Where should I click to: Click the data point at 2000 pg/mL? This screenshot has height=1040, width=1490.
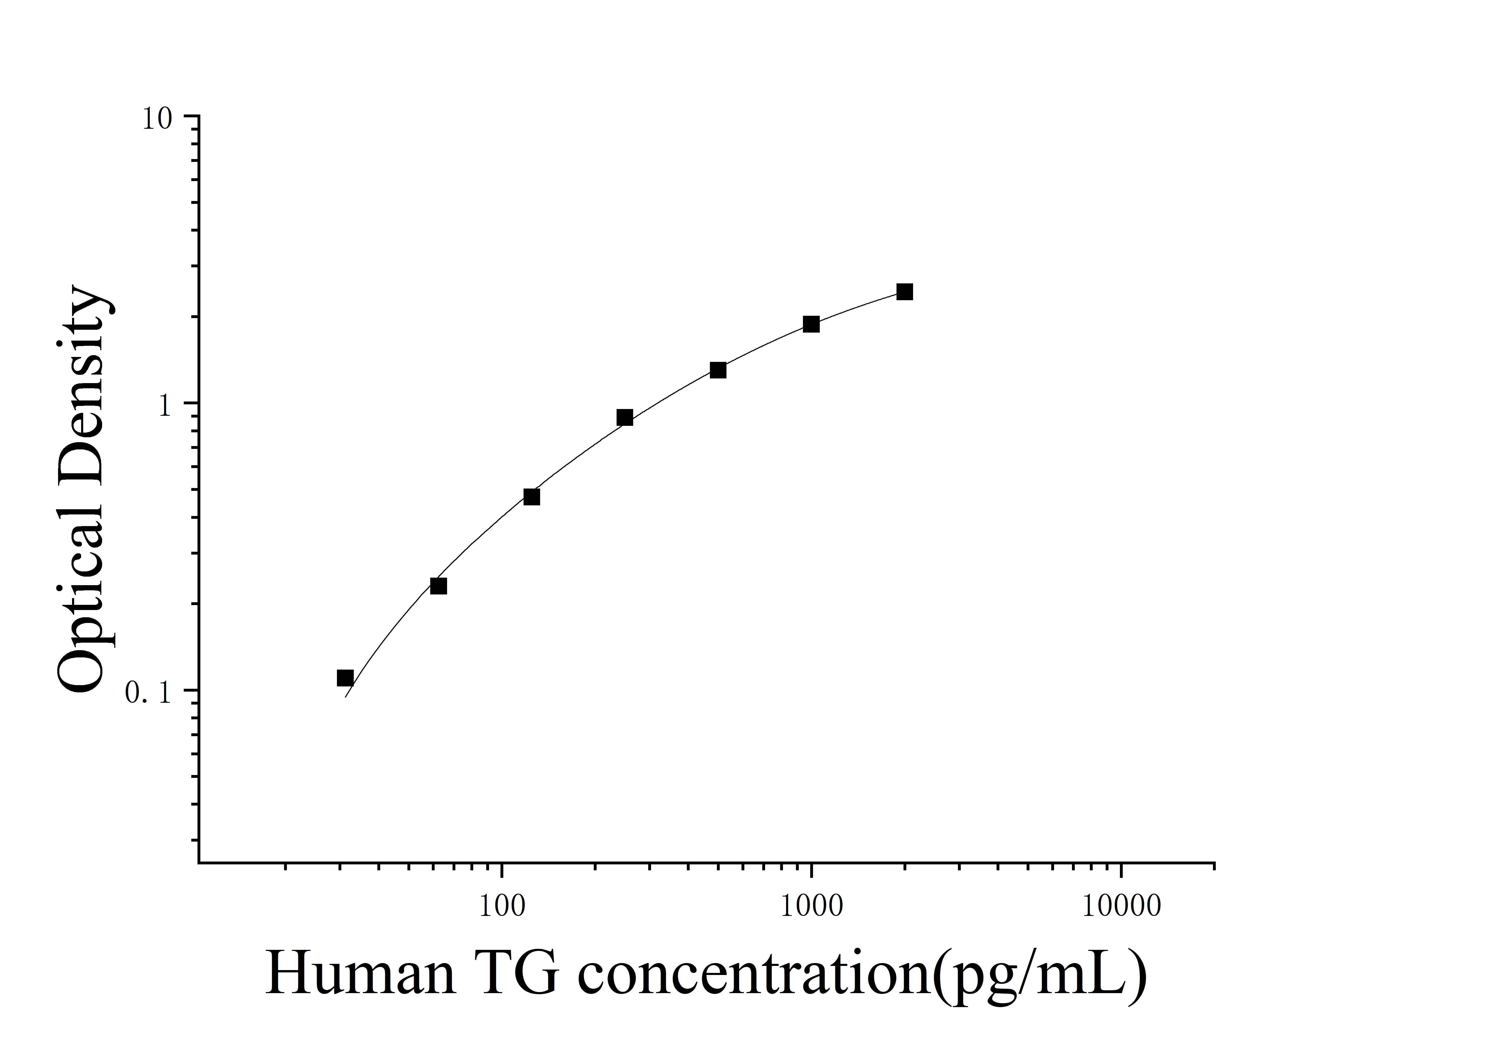(x=904, y=292)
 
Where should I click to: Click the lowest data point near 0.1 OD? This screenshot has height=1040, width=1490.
(x=345, y=678)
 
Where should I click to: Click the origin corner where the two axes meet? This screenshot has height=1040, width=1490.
(x=199, y=863)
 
